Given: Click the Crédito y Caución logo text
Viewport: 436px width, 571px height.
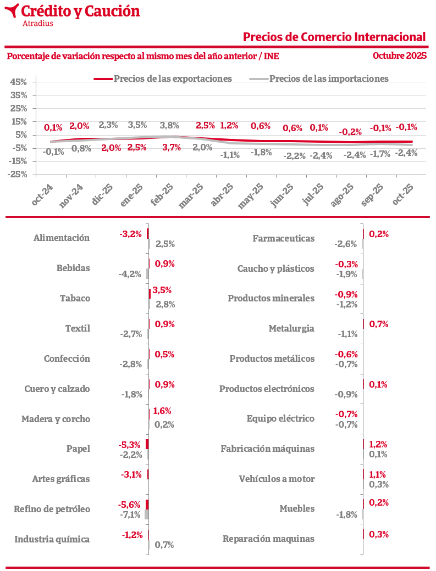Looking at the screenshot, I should click(80, 11).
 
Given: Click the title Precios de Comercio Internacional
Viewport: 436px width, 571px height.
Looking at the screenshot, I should click(334, 37).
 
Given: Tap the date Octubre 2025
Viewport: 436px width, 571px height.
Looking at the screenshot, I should click(400, 55).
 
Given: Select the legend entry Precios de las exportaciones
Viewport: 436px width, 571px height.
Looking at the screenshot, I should click(173, 79).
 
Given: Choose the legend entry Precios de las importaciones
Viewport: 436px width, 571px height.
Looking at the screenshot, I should click(329, 79).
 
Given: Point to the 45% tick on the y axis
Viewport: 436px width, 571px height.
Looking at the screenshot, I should click(19, 82).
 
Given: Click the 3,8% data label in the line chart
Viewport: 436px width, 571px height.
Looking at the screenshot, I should click(169, 125).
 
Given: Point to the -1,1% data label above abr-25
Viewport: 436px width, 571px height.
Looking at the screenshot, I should click(230, 155).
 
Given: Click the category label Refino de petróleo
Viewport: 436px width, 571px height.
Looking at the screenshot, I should click(52, 509).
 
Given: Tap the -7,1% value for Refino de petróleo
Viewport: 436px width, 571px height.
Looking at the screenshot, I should click(130, 514).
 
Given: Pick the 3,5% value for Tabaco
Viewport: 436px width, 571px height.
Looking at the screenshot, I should click(162, 289).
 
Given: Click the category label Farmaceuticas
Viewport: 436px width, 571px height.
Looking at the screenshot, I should click(284, 238).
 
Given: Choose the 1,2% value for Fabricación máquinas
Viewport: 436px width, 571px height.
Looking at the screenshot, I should click(378, 444).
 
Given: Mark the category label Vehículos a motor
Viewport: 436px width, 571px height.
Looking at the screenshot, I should click(277, 479).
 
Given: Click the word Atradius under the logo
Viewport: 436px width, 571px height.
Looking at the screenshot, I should click(38, 23).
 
